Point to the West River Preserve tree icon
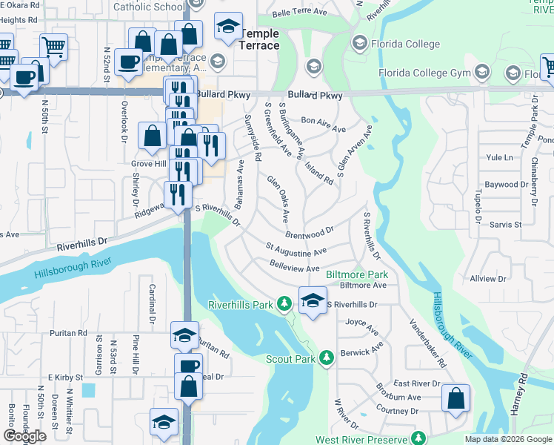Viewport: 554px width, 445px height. [418, 439]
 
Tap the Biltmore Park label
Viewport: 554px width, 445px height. [357, 274]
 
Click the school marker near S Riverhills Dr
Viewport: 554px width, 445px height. [313, 300]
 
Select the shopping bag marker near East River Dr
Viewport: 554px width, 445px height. [456, 398]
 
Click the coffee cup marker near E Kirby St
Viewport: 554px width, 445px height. [188, 366]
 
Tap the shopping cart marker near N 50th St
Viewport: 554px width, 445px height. [53, 46]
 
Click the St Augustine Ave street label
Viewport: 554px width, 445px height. [296, 249]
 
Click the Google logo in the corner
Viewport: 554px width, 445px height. [24, 436]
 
